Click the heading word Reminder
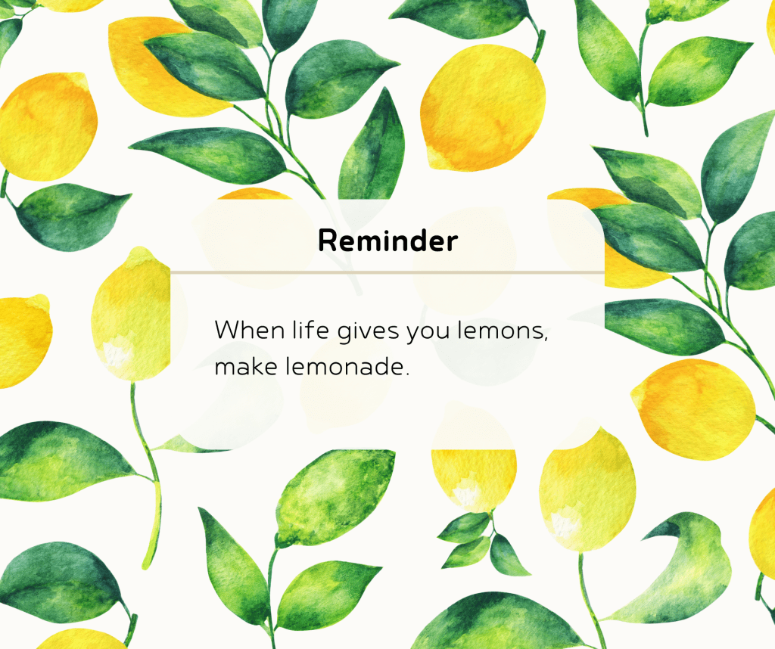387,241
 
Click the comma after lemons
546,340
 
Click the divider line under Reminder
387,271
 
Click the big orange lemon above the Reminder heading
483,106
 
